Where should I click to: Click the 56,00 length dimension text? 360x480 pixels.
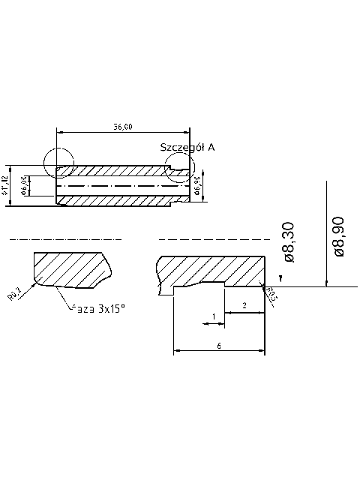click(123, 127)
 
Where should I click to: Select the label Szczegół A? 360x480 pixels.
click(187, 148)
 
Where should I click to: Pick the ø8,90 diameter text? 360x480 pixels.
click(338, 235)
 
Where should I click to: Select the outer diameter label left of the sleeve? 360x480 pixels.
click(4, 185)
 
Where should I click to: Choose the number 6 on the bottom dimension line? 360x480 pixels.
click(219, 345)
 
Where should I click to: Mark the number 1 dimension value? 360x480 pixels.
click(214, 316)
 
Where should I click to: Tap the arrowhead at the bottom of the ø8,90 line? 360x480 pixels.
click(327, 283)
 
